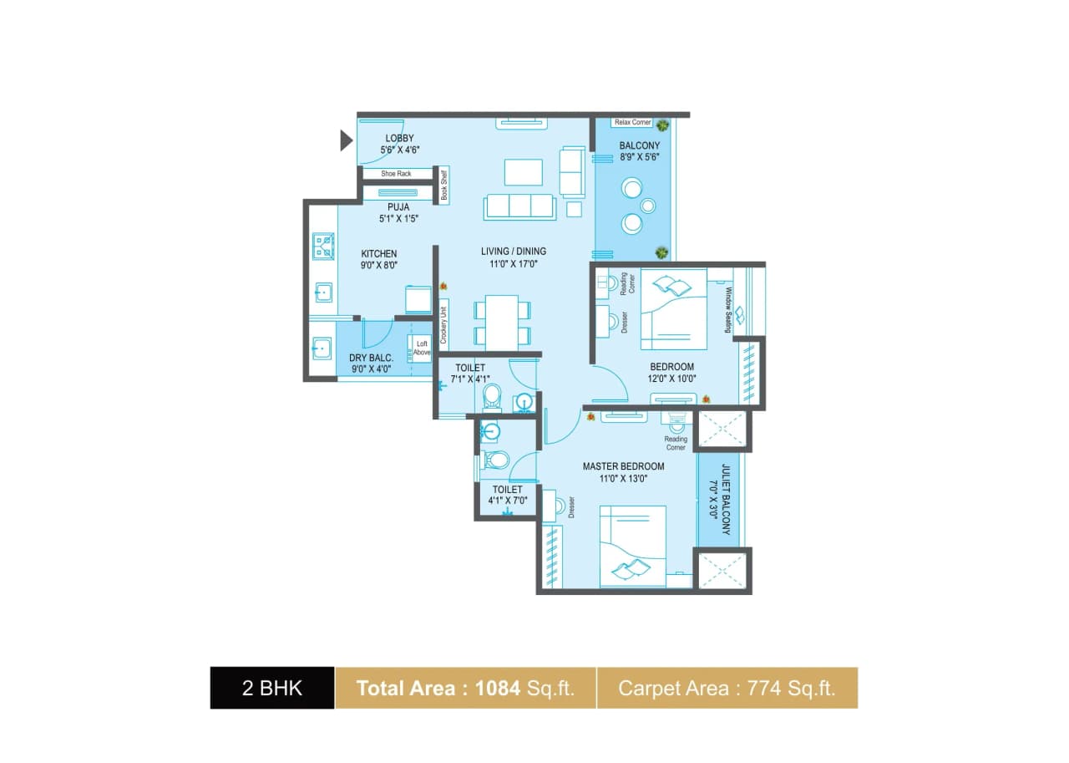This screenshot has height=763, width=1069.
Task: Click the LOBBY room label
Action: tap(399, 138)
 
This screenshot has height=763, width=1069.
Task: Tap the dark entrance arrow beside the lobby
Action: tap(346, 140)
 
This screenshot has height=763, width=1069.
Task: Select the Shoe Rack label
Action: tap(397, 174)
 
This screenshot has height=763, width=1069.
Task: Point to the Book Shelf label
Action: tap(444, 185)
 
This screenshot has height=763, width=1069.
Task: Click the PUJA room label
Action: tap(398, 206)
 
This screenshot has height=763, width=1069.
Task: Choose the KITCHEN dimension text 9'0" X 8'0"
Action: tap(378, 265)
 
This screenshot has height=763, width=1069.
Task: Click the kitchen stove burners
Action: tap(323, 247)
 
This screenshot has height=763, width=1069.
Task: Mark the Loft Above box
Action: tap(422, 348)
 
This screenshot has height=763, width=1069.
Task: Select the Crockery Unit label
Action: tap(444, 323)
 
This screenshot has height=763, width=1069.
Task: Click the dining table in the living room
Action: tap(502, 323)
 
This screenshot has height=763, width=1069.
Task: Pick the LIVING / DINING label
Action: tap(513, 251)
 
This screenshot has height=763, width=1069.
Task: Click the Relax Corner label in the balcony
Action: tap(632, 122)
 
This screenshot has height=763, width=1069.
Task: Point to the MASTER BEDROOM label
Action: tap(623, 466)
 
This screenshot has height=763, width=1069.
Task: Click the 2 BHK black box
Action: tap(272, 688)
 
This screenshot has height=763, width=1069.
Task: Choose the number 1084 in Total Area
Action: tap(499, 688)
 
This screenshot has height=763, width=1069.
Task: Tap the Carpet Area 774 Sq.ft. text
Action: tap(727, 688)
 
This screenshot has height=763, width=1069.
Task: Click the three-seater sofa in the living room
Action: tap(519, 206)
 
